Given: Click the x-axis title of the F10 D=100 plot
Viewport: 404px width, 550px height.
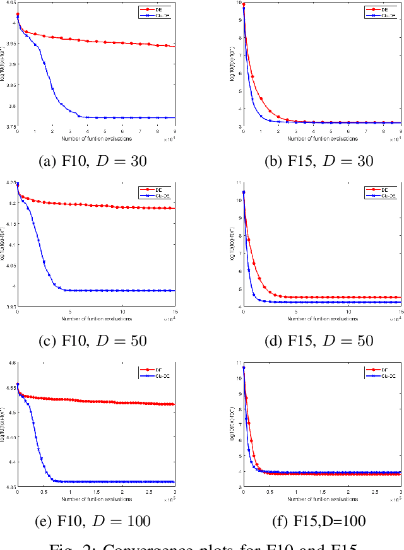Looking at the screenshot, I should (x=96, y=499).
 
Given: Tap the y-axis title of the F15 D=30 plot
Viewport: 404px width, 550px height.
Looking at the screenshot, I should (x=232, y=65).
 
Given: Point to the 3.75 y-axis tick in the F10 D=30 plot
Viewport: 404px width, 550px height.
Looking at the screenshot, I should (x=11, y=127).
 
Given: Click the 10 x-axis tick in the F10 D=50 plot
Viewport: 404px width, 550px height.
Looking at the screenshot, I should (x=122, y=312).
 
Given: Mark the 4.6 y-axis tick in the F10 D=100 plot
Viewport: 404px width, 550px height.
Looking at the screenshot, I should (x=11, y=364).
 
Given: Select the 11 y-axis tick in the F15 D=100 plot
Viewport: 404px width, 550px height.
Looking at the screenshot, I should (x=239, y=364).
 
